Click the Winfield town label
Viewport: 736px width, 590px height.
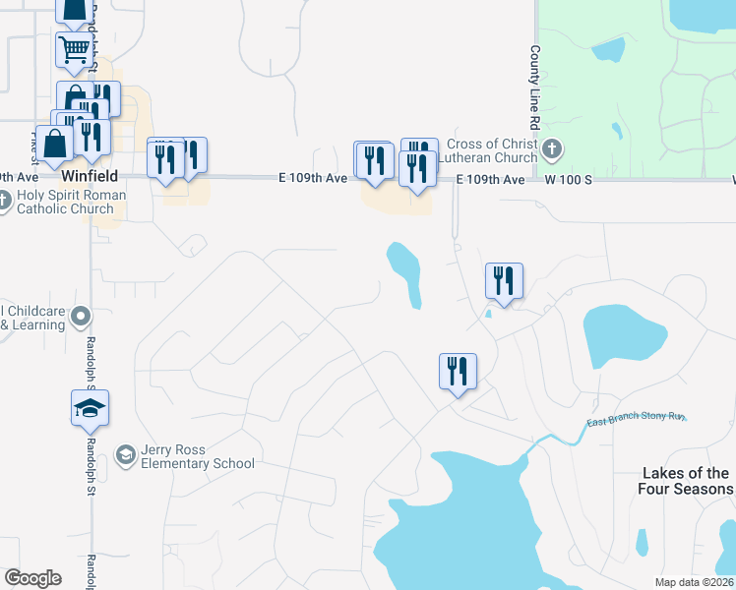tap(90, 176)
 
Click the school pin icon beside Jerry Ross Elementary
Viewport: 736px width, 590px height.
tap(125, 454)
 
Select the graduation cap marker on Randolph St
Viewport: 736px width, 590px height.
tap(90, 408)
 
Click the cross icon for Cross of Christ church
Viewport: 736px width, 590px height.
tap(552, 150)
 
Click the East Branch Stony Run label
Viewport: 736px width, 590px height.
tap(635, 422)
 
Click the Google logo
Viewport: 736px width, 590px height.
tap(32, 578)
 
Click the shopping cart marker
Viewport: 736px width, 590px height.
tap(75, 50)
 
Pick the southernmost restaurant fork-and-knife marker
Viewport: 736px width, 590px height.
tap(458, 371)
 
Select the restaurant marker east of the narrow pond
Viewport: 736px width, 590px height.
tap(504, 281)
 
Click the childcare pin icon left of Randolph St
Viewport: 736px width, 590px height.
tap(81, 317)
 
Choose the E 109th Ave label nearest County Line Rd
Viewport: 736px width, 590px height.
tap(490, 180)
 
